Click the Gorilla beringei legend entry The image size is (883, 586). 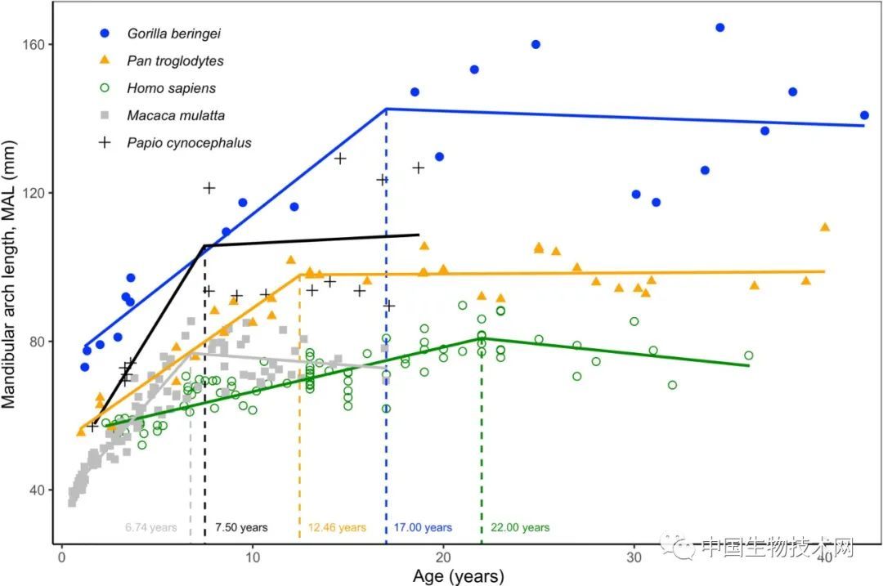tap(174, 34)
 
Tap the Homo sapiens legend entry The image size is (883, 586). tap(172, 88)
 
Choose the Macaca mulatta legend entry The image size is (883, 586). tap(176, 115)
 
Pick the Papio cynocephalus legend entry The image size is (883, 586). tap(189, 143)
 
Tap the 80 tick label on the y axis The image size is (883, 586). tap(35, 342)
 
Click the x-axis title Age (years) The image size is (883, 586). tap(458, 575)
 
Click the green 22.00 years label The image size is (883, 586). tap(520, 528)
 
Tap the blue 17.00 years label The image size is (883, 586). tap(423, 528)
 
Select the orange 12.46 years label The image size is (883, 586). tap(337, 528)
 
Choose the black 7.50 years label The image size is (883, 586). tap(241, 528)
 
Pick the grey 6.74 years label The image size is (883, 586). tap(151, 528)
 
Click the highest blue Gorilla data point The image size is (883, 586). tap(719, 27)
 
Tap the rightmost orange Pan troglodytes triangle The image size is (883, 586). tap(824, 227)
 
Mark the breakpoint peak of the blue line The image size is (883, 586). tap(386, 109)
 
